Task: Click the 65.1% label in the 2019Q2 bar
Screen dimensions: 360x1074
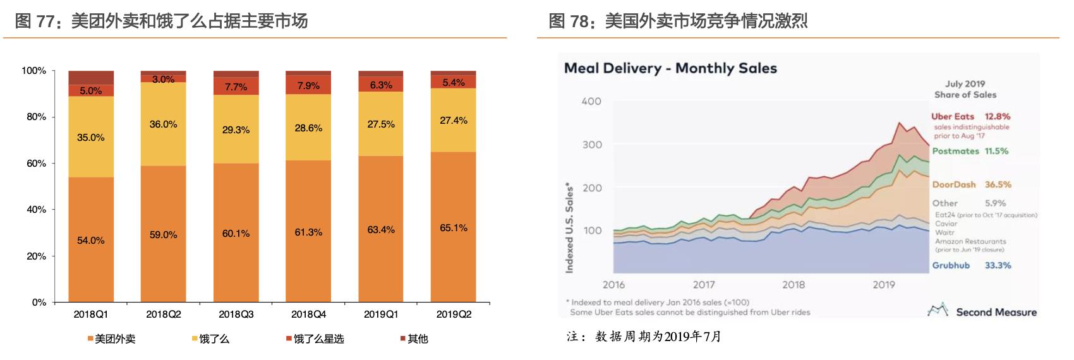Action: pos(454,228)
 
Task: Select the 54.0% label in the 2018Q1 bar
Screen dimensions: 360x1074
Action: pos(90,241)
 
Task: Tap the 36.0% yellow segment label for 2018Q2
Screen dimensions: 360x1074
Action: pos(163,124)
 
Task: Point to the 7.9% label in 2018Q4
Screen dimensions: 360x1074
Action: pos(308,86)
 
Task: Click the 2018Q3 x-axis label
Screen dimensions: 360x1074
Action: pos(236,314)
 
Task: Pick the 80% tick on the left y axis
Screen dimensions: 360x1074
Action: pos(36,117)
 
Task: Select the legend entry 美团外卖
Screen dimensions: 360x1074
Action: pos(112,339)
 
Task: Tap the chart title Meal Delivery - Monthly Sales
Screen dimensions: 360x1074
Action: pos(670,68)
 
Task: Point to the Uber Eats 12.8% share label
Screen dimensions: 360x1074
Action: pos(970,117)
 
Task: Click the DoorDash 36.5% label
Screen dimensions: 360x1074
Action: pos(971,184)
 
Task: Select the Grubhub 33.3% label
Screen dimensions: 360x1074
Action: pos(971,265)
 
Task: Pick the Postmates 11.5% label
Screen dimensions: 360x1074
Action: pos(970,151)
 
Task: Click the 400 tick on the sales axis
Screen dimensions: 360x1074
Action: pos(591,102)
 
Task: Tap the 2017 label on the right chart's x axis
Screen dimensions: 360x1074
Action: pos(704,285)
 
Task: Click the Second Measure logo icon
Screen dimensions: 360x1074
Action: pos(938,310)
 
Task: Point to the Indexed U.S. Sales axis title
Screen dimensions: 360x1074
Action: pos(569,228)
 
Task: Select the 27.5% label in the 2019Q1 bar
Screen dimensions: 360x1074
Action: pos(381,124)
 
